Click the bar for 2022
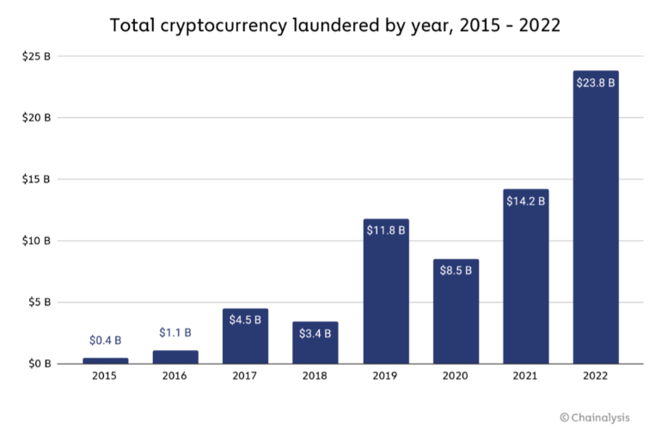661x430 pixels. point(596,224)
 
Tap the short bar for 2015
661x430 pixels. point(105,360)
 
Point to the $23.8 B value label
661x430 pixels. point(596,85)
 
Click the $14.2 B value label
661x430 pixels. point(525,201)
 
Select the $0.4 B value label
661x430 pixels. point(105,341)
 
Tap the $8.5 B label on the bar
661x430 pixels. point(456,271)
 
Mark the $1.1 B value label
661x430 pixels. point(175,332)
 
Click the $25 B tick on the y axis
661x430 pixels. point(36,56)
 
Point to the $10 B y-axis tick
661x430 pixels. point(36,241)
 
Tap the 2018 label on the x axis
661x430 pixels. point(315,377)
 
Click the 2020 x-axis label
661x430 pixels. point(456,377)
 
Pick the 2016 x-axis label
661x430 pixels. point(175,377)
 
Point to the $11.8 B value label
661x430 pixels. point(386,231)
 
